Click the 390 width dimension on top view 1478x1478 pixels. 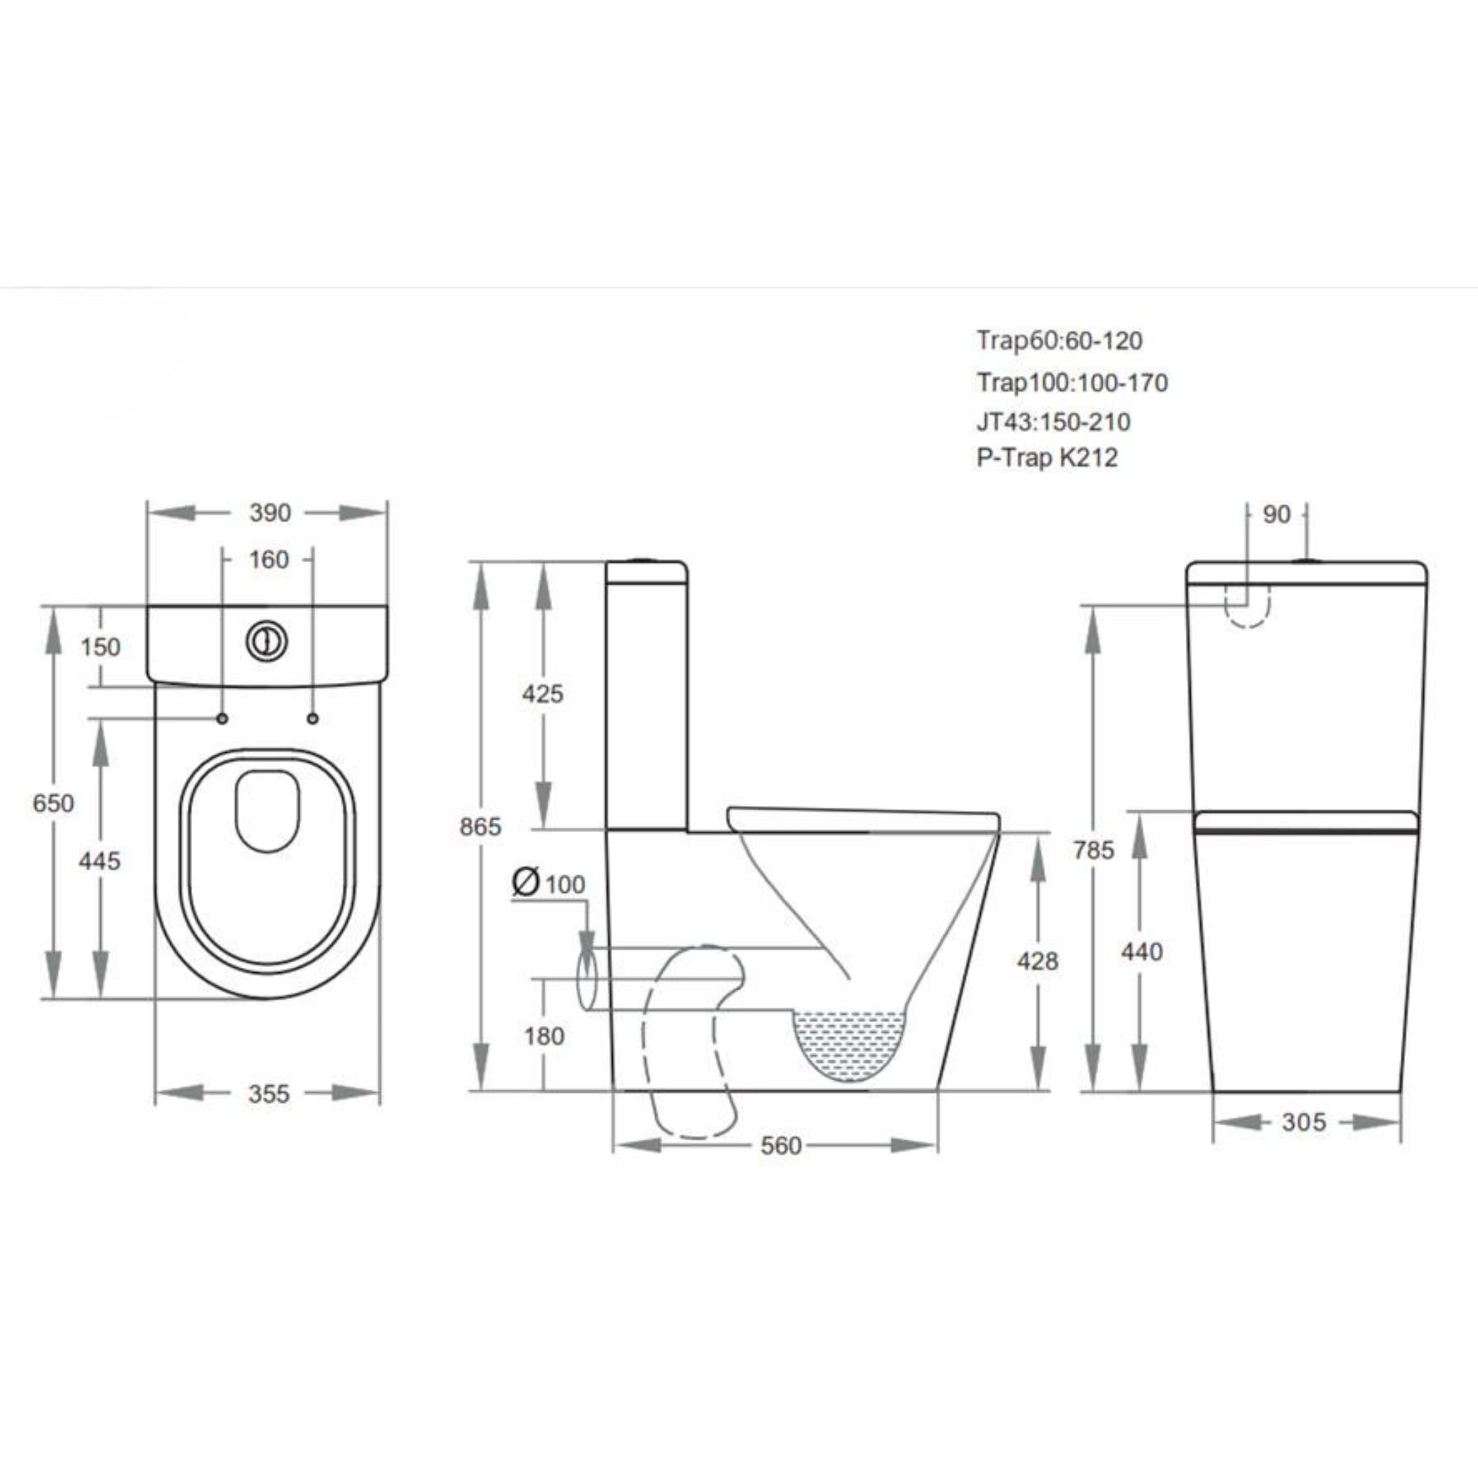pos(269,512)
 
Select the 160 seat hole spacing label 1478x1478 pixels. pos(268,560)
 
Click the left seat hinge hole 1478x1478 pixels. pos(222,718)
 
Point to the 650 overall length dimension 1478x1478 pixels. pos(53,803)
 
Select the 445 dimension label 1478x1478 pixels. pos(100,862)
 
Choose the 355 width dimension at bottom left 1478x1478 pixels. pos(268,1094)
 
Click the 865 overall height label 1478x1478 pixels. pos(481,827)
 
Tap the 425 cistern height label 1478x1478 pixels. pos(543,694)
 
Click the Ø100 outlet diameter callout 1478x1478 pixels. pos(548,883)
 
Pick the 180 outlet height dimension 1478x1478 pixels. pos(544,1036)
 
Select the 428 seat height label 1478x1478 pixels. pos(1037,961)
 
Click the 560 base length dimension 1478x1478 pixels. pos(780,1145)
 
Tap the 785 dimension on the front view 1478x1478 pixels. pos(1093,850)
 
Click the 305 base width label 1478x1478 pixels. pos(1303,1122)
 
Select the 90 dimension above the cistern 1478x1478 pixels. pos(1276,515)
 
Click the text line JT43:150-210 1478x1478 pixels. pos(1053,421)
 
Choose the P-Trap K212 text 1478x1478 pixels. pos(1046,458)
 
